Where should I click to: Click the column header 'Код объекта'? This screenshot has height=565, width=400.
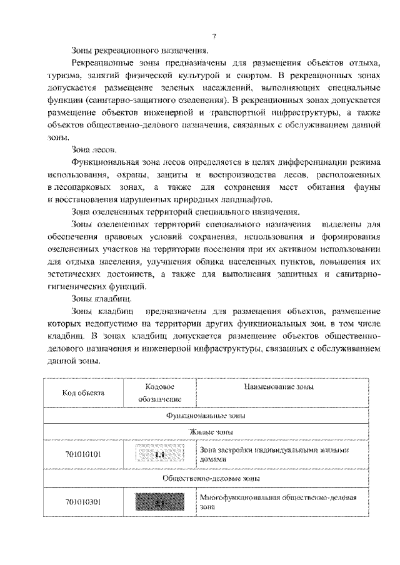coord(83,393)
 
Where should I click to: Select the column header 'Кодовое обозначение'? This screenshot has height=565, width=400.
coord(160,393)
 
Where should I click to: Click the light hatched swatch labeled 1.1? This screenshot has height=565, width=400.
coord(160,454)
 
